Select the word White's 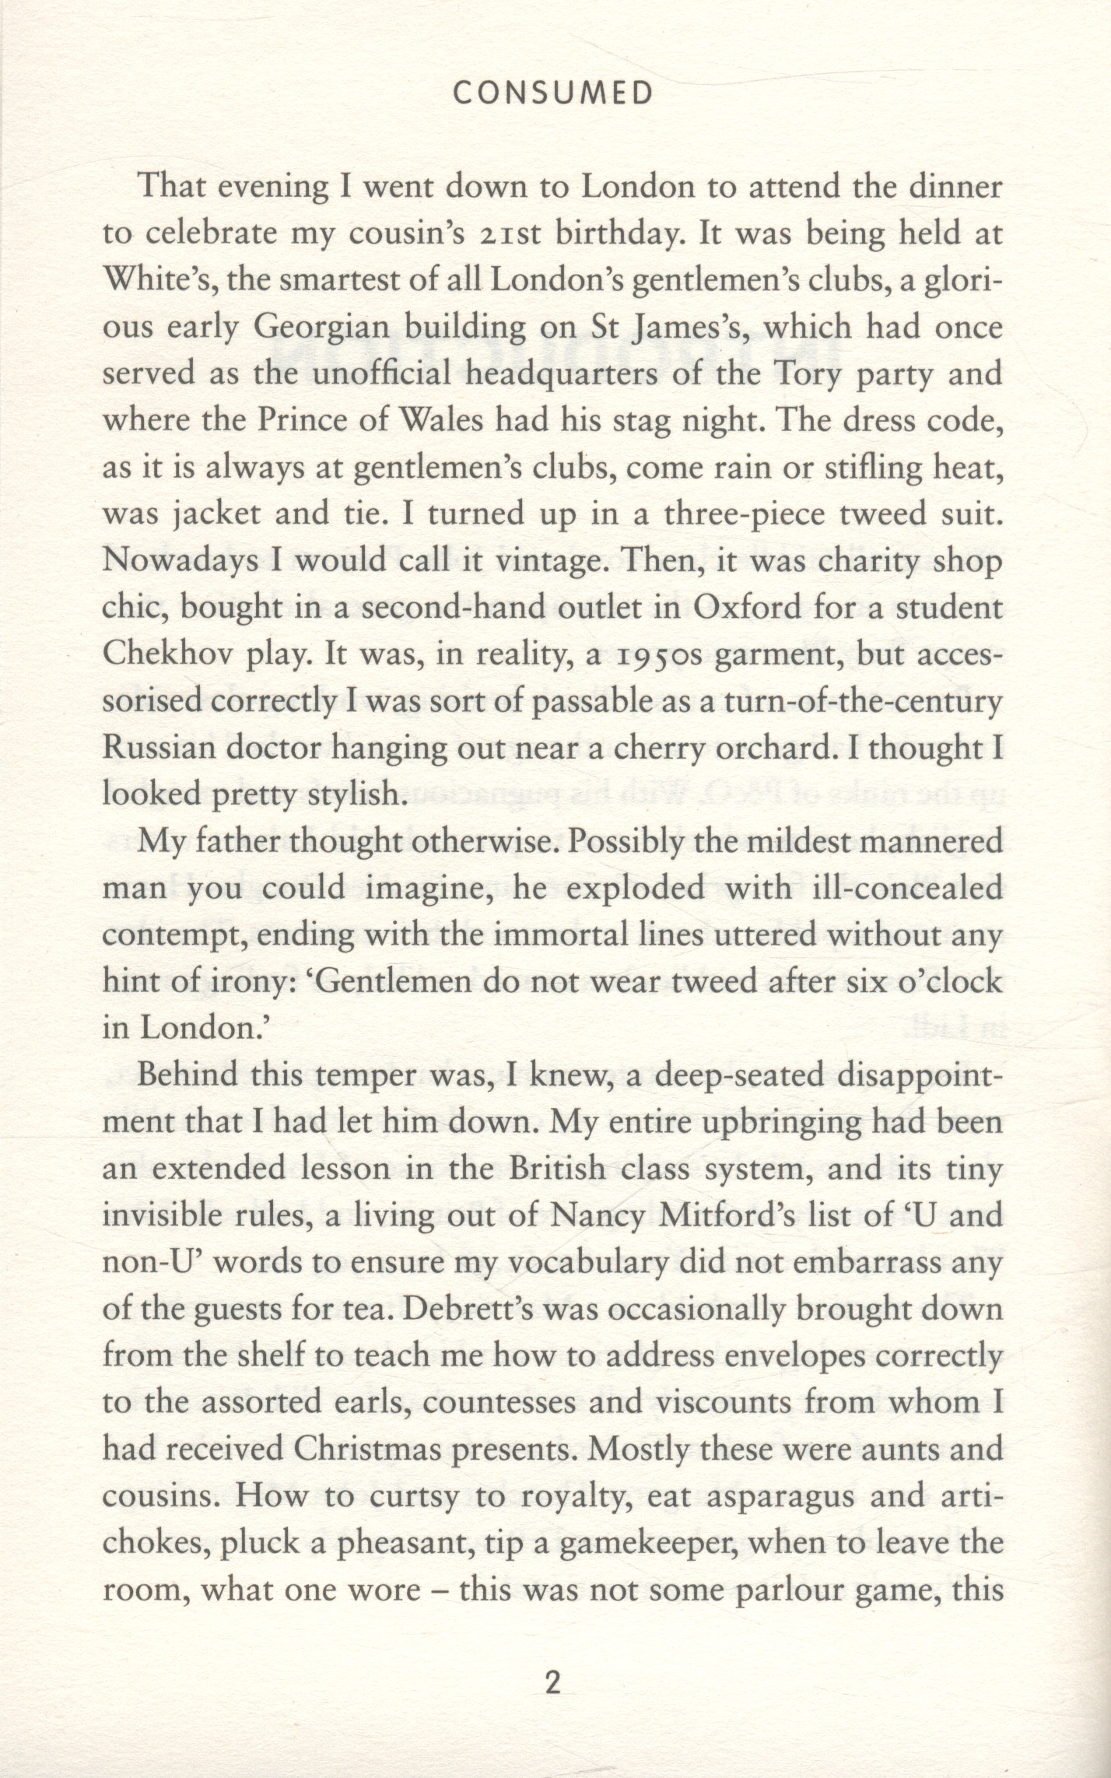click(x=153, y=280)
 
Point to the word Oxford click(x=745, y=608)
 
